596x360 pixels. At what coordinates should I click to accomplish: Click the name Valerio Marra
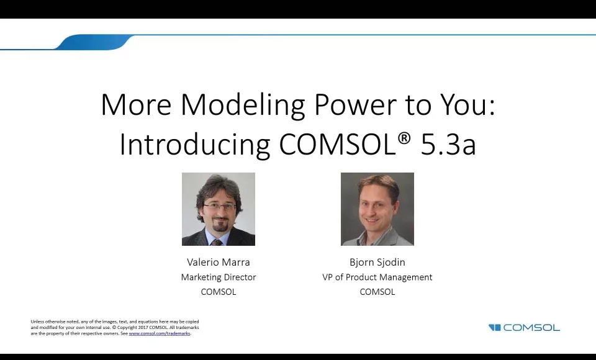(x=218, y=262)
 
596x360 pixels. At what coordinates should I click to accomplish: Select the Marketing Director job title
(x=218, y=277)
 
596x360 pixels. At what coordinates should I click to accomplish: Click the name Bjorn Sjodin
(x=377, y=262)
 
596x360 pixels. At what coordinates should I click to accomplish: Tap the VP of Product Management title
(x=377, y=277)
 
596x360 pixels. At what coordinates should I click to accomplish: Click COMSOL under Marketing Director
(x=218, y=292)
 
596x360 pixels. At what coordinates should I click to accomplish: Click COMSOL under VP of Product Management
(x=377, y=292)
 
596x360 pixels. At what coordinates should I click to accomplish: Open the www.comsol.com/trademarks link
(x=159, y=333)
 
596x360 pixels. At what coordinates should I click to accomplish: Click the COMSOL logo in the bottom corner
(x=531, y=328)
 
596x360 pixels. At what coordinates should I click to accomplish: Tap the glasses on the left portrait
(x=219, y=205)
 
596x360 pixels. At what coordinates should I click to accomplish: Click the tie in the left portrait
(x=217, y=241)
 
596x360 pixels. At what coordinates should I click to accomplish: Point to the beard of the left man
(x=219, y=223)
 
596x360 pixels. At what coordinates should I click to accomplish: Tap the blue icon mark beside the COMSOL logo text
(x=494, y=328)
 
